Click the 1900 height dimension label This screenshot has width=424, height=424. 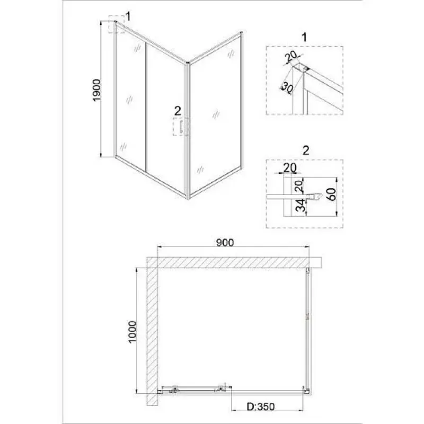pyautogui.click(x=96, y=90)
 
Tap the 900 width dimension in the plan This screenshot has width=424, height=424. pyautogui.click(x=225, y=243)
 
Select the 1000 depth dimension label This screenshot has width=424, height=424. pyautogui.click(x=132, y=332)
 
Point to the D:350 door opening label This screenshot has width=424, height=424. pyautogui.click(x=260, y=407)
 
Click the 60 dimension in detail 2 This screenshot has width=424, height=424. pyautogui.click(x=332, y=194)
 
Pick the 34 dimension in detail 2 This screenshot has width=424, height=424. pyautogui.click(x=299, y=205)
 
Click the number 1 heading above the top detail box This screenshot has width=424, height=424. pyautogui.click(x=304, y=38)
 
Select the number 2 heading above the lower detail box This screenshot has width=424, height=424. pyautogui.click(x=306, y=151)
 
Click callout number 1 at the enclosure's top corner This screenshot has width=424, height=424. pyautogui.click(x=128, y=16)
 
